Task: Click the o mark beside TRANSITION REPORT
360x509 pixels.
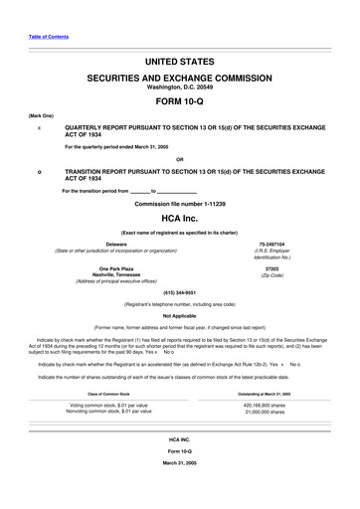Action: [39, 170]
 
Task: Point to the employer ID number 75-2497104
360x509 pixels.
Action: [271, 244]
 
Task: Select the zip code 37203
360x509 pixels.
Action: [271, 268]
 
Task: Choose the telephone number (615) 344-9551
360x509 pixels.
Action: [180, 292]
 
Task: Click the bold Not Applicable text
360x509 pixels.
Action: [180, 314]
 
